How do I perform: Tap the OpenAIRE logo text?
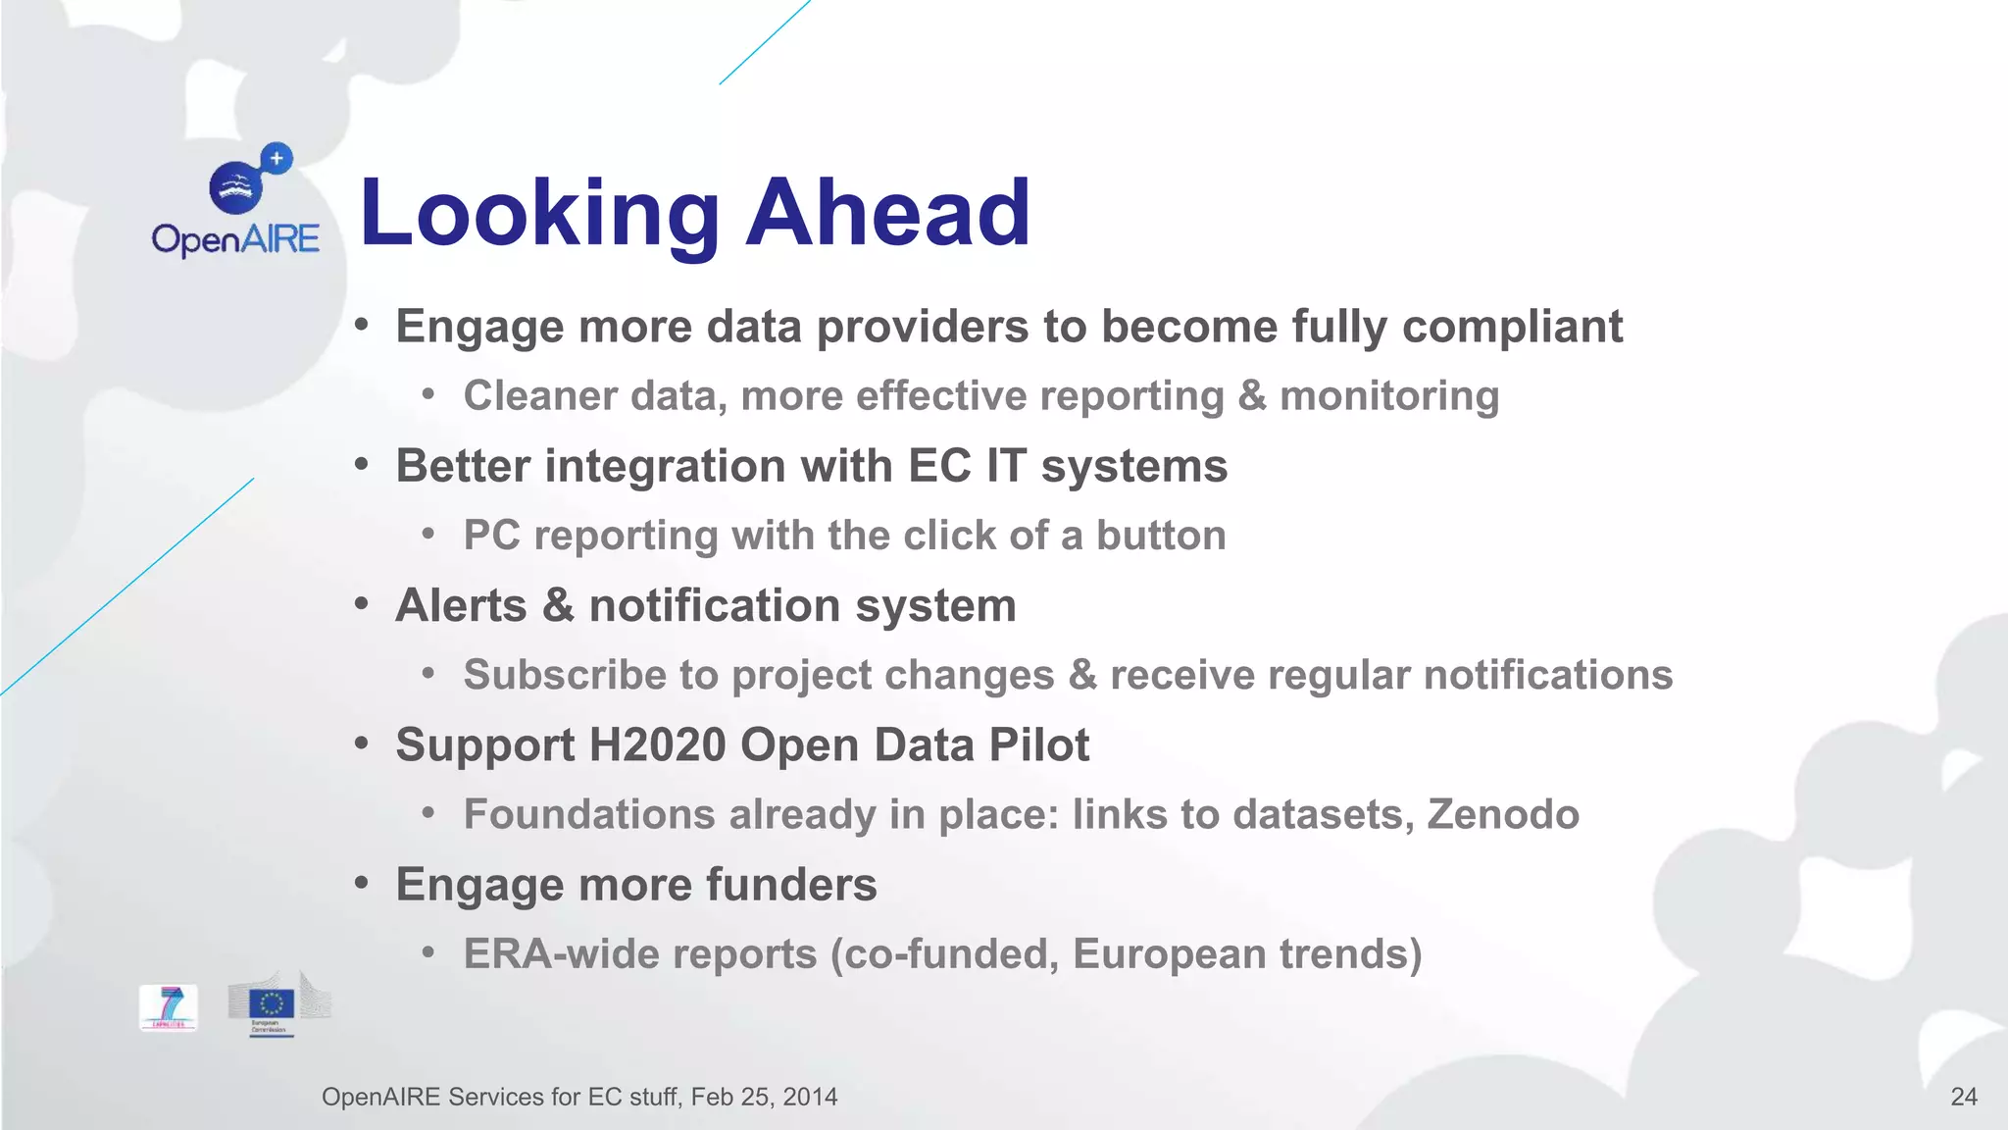(235, 239)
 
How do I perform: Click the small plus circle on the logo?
(277, 158)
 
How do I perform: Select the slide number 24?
(1963, 1097)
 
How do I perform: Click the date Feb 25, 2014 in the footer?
(764, 1097)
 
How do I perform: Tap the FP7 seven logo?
(169, 1007)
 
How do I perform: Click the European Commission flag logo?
(272, 1004)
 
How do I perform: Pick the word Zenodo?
(1503, 814)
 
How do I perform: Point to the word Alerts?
(461, 605)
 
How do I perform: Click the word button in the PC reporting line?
(1161, 536)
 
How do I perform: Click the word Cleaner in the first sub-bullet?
(540, 396)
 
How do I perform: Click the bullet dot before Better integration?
(362, 465)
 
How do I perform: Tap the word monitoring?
(1389, 396)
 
